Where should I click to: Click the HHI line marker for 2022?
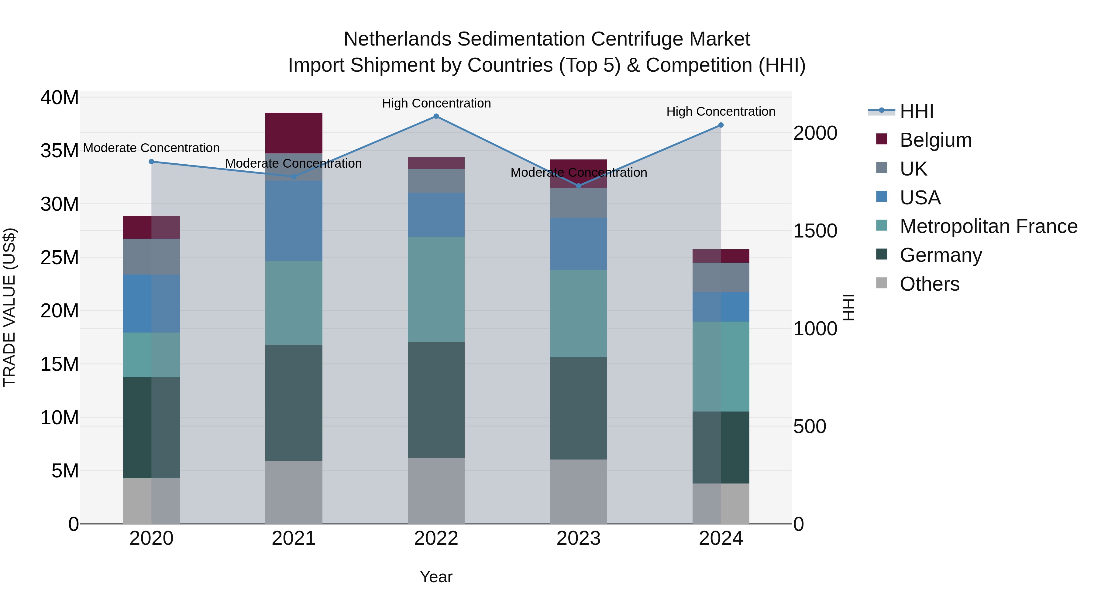click(x=436, y=116)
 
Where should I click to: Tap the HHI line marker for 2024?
click(x=721, y=125)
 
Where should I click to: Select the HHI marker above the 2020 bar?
click(x=151, y=162)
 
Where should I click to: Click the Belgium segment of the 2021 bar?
click(x=294, y=132)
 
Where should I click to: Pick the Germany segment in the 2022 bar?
click(x=436, y=399)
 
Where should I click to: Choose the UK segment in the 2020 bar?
click(x=151, y=256)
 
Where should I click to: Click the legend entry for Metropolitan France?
click(x=988, y=226)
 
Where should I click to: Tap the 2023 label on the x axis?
click(x=578, y=538)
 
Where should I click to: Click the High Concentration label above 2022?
click(x=436, y=103)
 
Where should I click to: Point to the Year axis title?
click(x=436, y=577)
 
